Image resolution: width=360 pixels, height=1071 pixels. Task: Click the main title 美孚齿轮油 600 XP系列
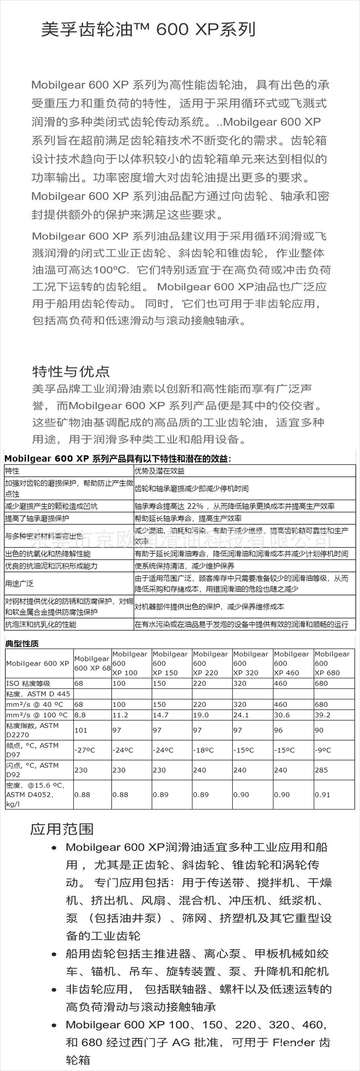[x=148, y=29]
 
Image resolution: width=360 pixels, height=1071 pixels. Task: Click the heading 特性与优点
[x=71, y=371]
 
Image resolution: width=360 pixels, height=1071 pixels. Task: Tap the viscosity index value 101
[x=81, y=730]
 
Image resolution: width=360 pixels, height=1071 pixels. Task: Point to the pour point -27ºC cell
[x=84, y=750]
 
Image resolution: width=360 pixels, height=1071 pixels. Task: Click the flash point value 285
[x=321, y=770]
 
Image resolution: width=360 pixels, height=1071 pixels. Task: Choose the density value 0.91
[x=322, y=795]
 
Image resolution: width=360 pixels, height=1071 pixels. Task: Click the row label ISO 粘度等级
[x=28, y=683]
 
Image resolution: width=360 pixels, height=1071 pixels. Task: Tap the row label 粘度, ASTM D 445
[x=38, y=694]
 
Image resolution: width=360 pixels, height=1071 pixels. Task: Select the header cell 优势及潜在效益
[x=159, y=471]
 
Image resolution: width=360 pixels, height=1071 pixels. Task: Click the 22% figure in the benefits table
[x=195, y=506]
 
